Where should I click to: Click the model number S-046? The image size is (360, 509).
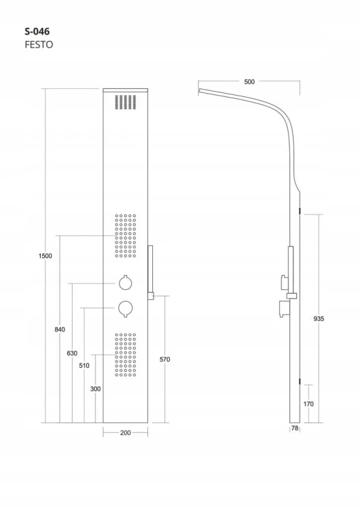pos(37,31)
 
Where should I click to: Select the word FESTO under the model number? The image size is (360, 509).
pos(39,45)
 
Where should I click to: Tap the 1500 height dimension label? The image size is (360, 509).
pos(45,256)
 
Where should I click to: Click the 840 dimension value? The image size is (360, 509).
pos(60,329)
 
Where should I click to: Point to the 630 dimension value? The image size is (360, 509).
pos(72,353)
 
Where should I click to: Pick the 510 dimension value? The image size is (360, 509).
pos(84,366)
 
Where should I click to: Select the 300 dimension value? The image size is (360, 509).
pos(96,389)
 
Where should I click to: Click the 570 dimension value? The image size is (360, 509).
pos(165,359)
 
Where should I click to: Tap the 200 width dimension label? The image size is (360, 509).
pos(126,433)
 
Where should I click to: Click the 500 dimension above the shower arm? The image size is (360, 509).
pos(249,82)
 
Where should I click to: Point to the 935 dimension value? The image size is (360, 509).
pos(319,319)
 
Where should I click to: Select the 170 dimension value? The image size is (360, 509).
pos(308,404)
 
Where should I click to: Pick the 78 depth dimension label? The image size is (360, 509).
pos(295,428)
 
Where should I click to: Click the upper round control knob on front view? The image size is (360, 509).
pos(126,283)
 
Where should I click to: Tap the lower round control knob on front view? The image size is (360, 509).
pos(126,308)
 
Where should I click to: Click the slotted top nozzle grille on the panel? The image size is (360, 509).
pos(126,102)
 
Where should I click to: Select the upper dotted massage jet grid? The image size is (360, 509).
pos(126,235)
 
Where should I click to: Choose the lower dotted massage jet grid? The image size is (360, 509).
pos(126,355)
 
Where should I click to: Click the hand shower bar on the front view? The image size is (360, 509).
pos(150,269)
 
